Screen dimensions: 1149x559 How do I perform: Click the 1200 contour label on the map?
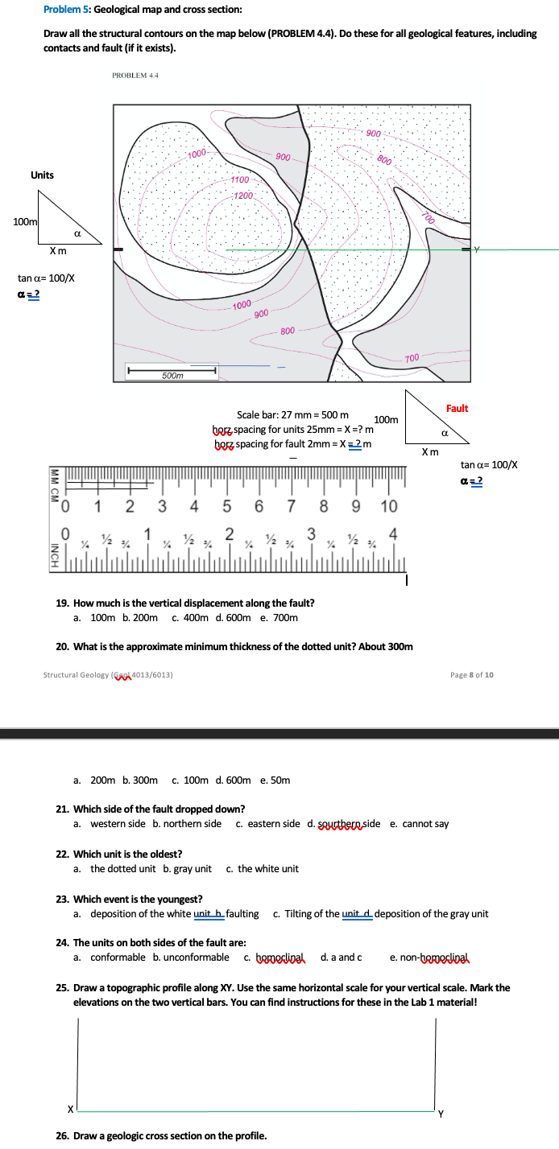click(x=244, y=196)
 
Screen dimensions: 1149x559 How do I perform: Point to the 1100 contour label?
click(x=239, y=180)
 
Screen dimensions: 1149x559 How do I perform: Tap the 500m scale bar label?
click(x=172, y=376)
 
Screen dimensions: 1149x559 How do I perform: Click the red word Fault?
click(x=457, y=409)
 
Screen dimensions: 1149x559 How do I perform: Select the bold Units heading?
click(x=42, y=175)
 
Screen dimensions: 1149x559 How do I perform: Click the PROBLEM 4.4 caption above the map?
click(x=135, y=76)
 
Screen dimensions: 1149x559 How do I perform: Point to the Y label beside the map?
click(x=476, y=250)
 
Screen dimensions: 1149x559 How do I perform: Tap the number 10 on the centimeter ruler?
click(x=389, y=506)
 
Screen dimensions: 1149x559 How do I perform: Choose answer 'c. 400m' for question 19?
click(x=190, y=617)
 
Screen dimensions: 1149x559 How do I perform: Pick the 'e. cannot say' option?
click(x=420, y=824)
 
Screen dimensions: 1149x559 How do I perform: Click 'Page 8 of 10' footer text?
click(x=472, y=674)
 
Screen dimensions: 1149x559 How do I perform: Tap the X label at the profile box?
click(x=70, y=1109)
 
